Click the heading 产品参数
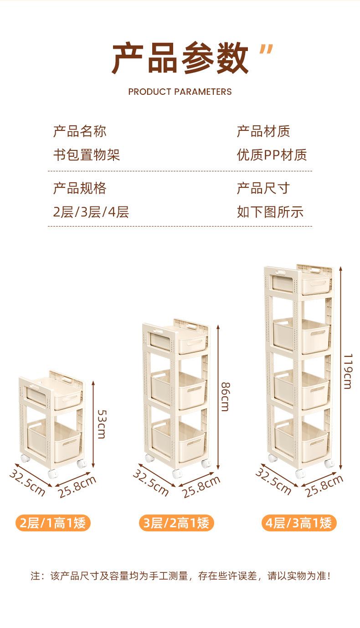tap(180, 58)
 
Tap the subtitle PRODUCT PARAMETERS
tap(180, 92)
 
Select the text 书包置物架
tap(86, 155)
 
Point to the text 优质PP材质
tap(272, 155)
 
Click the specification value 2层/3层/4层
tap(91, 212)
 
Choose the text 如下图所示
tap(270, 212)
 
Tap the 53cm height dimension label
tap(101, 423)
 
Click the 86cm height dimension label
tap(225, 396)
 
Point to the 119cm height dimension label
tap(347, 371)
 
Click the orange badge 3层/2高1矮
tap(176, 523)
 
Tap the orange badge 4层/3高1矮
tap(299, 523)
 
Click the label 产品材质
tap(263, 132)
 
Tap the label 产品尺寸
tap(263, 188)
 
